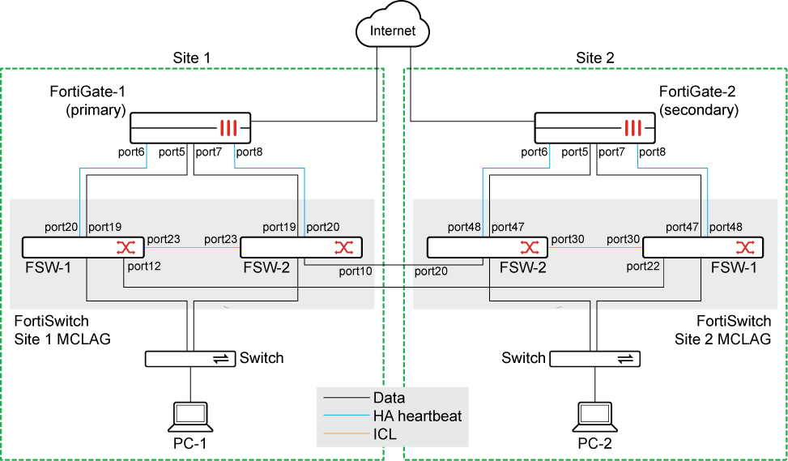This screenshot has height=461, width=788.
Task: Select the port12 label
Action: (x=143, y=266)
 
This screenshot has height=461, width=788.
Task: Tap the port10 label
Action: (x=356, y=271)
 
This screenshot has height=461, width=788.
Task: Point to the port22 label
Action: (x=643, y=266)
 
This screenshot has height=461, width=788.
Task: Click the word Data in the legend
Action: (x=389, y=398)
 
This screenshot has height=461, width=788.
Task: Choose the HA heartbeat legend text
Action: (x=417, y=416)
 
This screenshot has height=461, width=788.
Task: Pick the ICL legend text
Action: (x=385, y=434)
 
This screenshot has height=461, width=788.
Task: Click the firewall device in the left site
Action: (x=190, y=128)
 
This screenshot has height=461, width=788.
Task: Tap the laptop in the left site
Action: (x=190, y=416)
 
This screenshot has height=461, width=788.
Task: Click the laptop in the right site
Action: (x=595, y=416)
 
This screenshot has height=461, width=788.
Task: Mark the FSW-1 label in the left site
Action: (x=47, y=267)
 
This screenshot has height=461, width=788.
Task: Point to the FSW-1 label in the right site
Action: (x=734, y=267)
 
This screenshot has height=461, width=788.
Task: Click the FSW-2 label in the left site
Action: (x=267, y=267)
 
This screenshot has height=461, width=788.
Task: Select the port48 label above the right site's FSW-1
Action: (x=726, y=228)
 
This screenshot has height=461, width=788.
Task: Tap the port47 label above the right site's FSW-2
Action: (x=508, y=228)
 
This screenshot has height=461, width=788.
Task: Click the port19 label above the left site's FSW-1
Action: (x=104, y=228)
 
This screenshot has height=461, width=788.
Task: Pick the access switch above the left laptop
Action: (x=190, y=359)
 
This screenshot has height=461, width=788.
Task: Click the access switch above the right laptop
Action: (x=595, y=359)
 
